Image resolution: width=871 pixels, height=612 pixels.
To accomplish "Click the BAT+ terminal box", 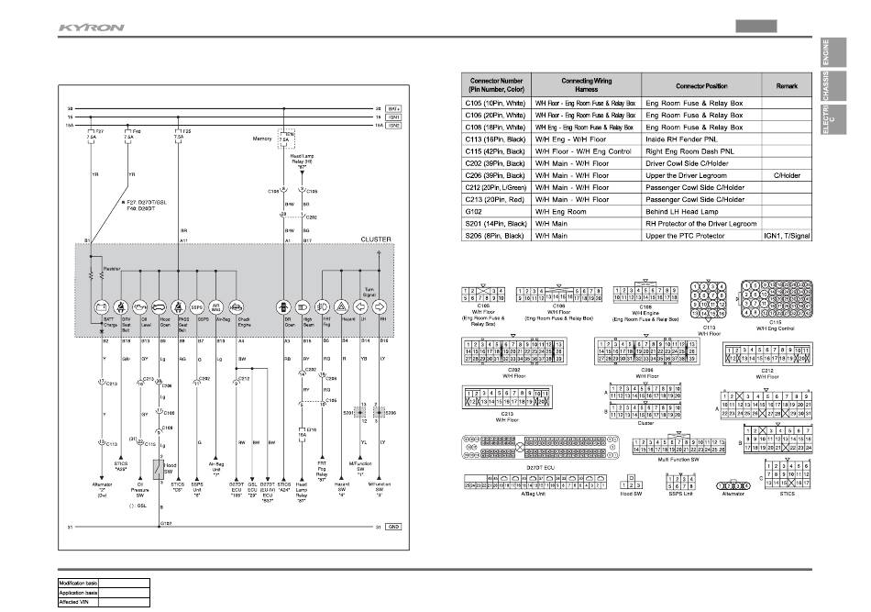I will point(393,108).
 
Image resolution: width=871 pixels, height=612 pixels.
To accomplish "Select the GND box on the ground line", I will point(393,527).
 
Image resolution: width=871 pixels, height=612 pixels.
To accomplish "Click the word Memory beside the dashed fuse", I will point(262,139).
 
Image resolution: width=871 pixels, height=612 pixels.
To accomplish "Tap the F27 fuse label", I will point(100,131).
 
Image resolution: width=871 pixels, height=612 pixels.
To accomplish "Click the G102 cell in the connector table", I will point(495,211).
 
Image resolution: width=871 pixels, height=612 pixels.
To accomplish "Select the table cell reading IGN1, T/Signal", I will point(786,235).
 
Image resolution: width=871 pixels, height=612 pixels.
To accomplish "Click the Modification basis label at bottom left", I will point(78,584).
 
